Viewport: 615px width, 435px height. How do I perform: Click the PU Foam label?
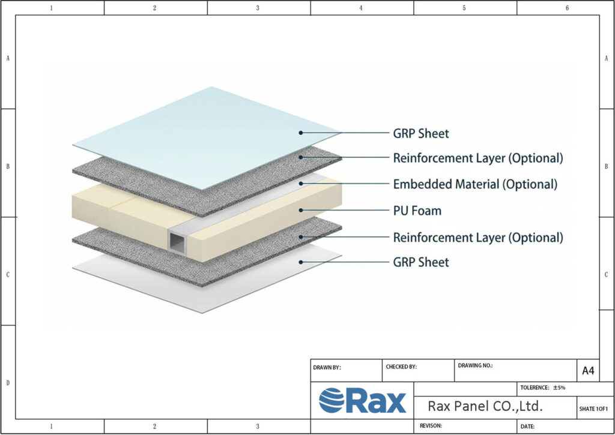417,211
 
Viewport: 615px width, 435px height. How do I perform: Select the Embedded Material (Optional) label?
475,184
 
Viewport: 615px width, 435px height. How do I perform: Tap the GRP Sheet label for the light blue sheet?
421,133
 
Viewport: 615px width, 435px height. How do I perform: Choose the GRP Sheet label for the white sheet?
421,262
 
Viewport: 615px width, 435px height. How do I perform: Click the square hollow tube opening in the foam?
176,241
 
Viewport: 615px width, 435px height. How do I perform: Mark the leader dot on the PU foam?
301,210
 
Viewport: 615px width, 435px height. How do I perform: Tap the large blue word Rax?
375,401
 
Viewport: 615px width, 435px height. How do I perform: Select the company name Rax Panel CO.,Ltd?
485,406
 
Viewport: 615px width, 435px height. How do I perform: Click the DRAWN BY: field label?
327,367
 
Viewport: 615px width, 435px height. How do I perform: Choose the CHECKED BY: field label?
400,367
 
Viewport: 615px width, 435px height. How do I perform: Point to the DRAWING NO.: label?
475,365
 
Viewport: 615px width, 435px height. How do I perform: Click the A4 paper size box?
588,371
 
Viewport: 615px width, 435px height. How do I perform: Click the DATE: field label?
528,426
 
